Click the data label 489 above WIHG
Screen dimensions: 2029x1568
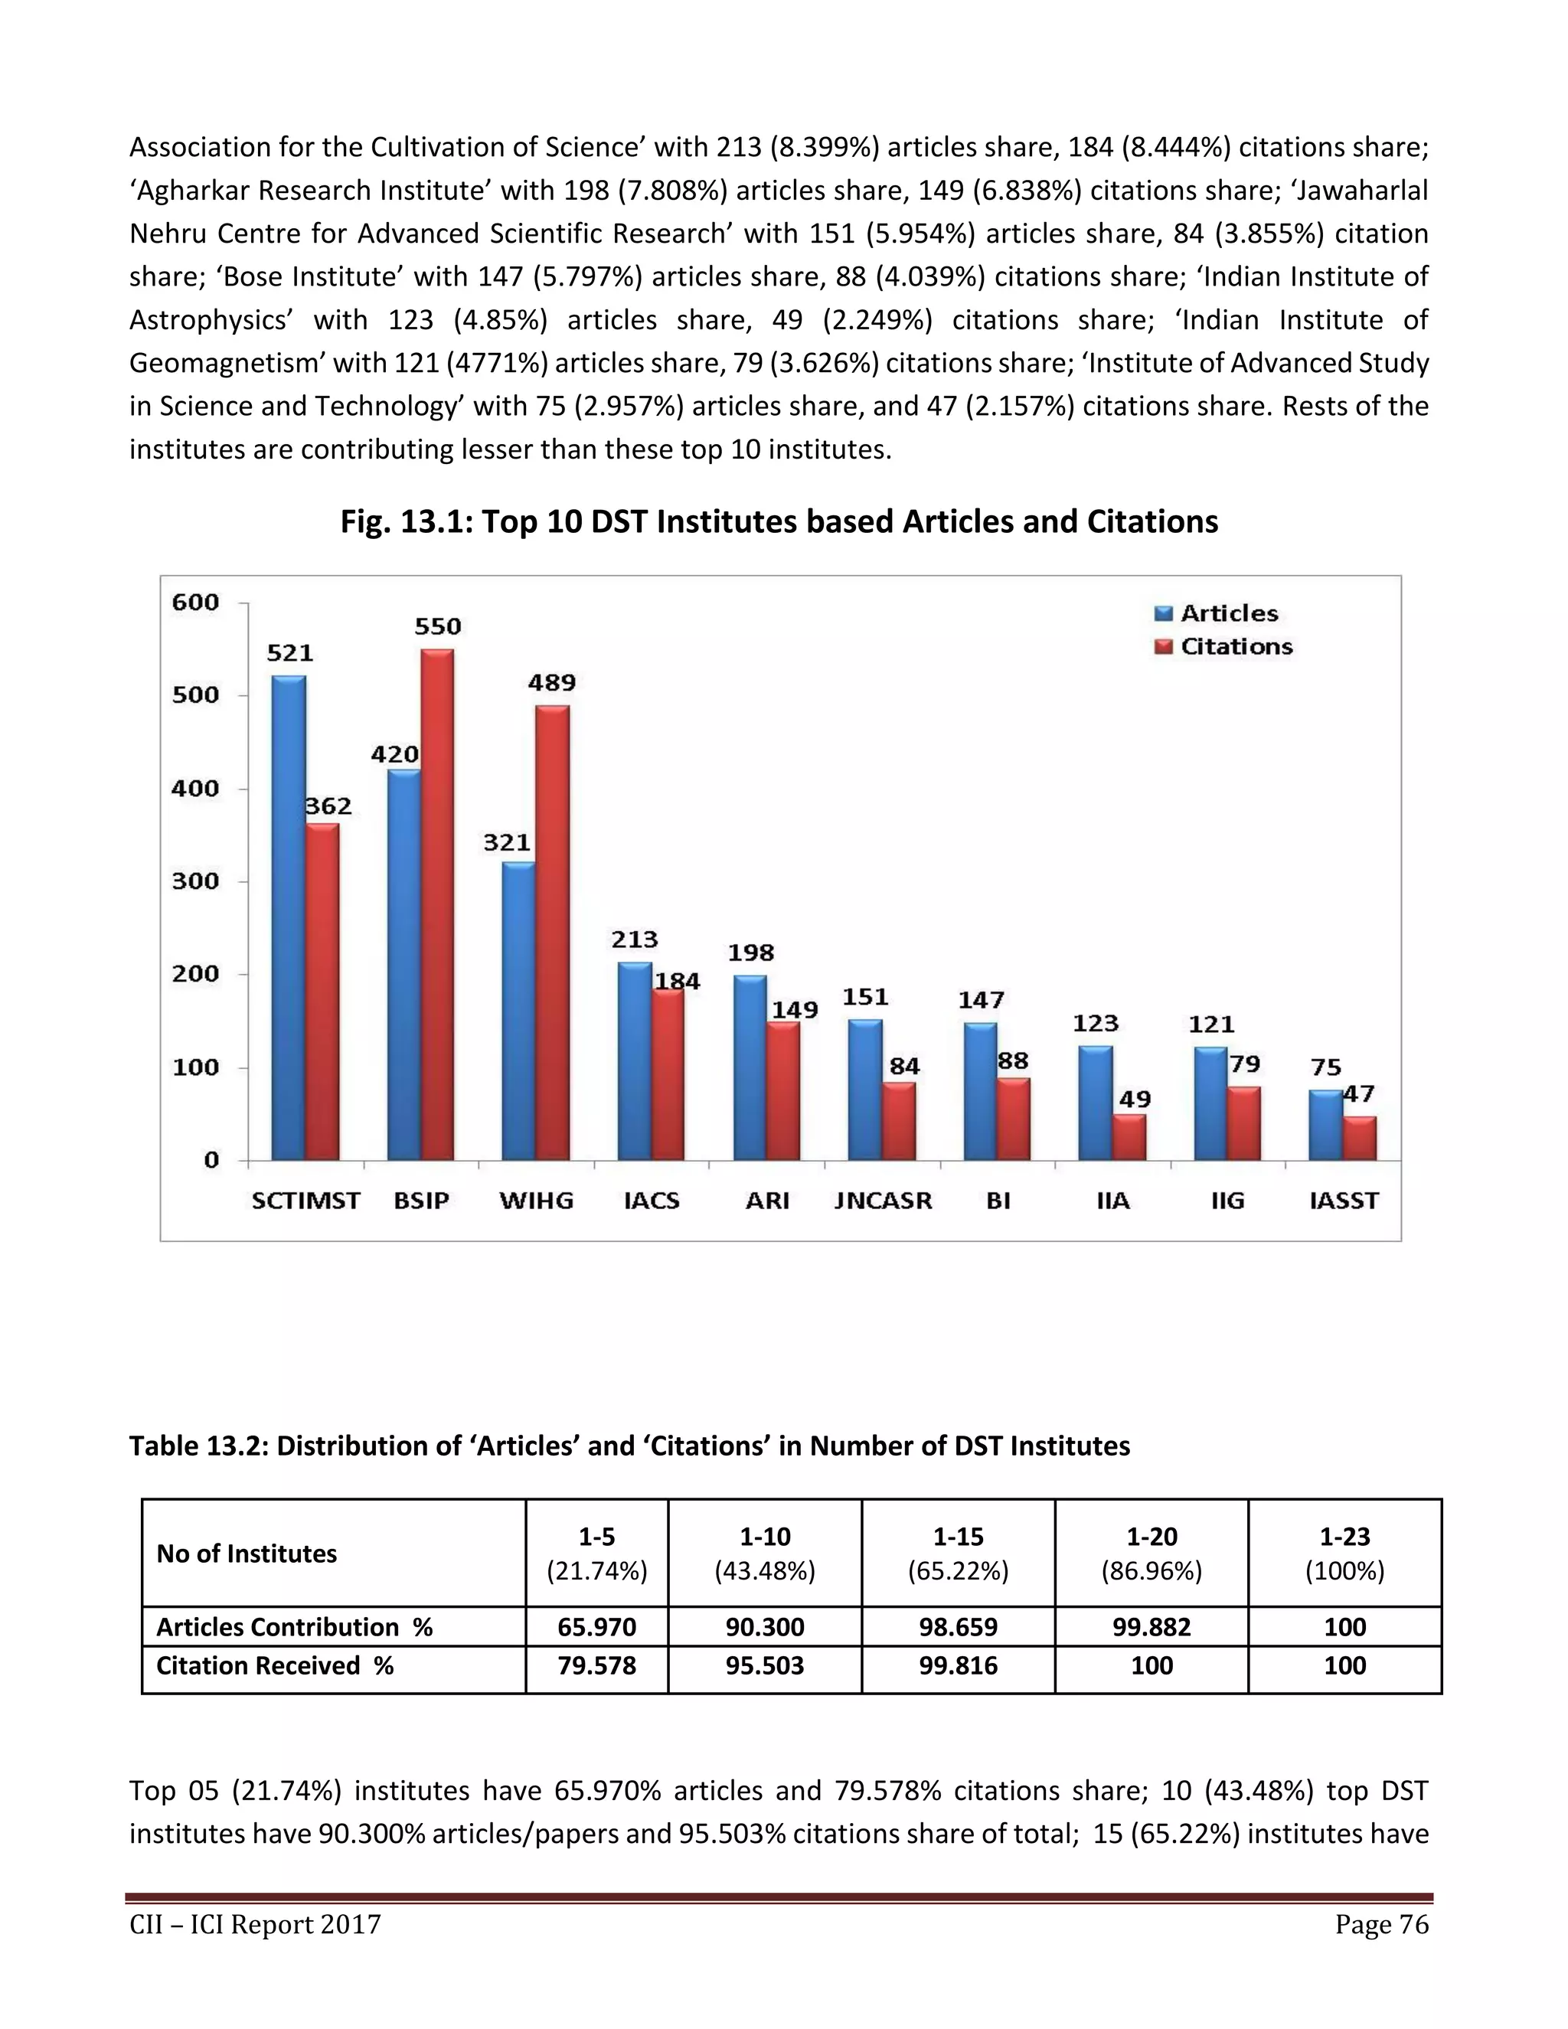[552, 683]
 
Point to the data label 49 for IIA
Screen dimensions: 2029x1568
[1134, 1099]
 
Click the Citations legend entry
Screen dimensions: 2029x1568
[1223, 647]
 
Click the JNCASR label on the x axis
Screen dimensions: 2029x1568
[883, 1201]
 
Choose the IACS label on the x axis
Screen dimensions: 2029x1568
[652, 1201]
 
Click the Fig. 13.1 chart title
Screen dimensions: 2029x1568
[779, 522]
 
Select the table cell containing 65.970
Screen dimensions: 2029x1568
[596, 1627]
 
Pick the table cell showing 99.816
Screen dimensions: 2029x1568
[958, 1666]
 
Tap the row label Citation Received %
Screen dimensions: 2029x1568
[275, 1666]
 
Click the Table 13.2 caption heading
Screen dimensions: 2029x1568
[629, 1446]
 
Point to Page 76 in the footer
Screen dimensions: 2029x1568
[1381, 1924]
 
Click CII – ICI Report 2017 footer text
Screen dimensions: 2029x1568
[256, 1924]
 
